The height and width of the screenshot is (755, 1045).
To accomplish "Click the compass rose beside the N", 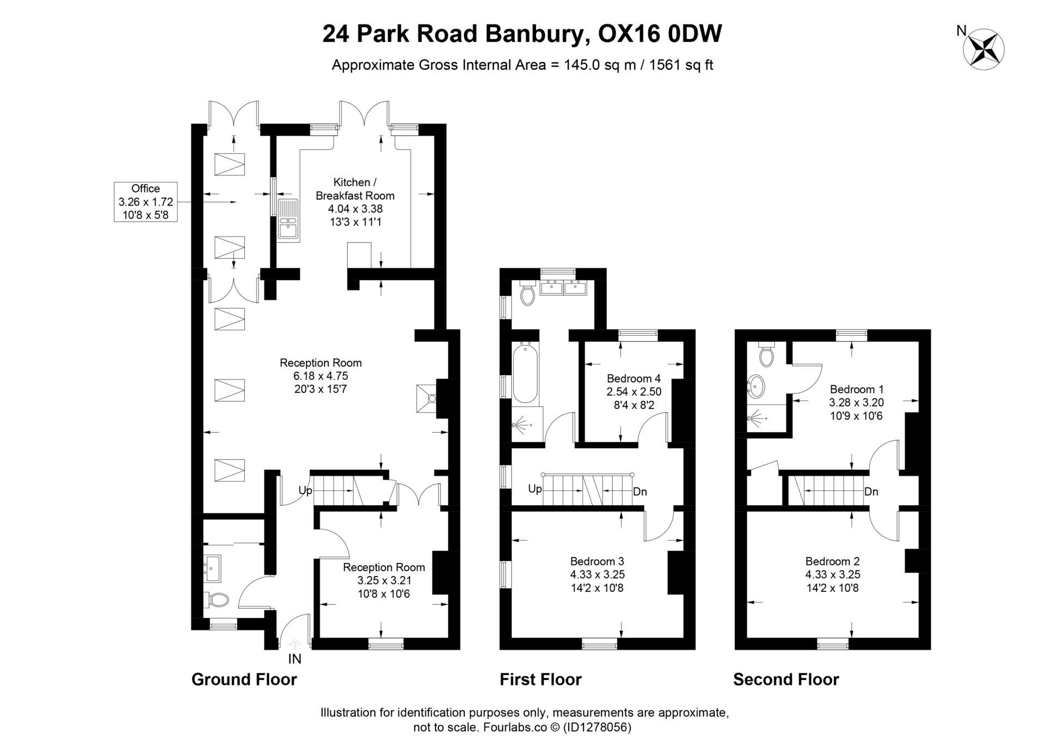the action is (983, 50).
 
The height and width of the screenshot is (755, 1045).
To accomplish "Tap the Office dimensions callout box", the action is (146, 202).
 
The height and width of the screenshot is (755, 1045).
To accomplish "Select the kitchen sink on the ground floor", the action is (287, 219).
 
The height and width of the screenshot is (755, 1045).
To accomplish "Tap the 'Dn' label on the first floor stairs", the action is (640, 492).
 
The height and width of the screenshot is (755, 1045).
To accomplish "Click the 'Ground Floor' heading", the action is (244, 679).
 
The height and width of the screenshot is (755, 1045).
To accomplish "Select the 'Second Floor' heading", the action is (786, 679).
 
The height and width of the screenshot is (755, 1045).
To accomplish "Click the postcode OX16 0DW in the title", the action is (660, 34).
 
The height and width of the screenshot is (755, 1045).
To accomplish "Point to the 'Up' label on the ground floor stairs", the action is (306, 490).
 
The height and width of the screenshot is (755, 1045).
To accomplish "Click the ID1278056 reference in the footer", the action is (597, 727).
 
